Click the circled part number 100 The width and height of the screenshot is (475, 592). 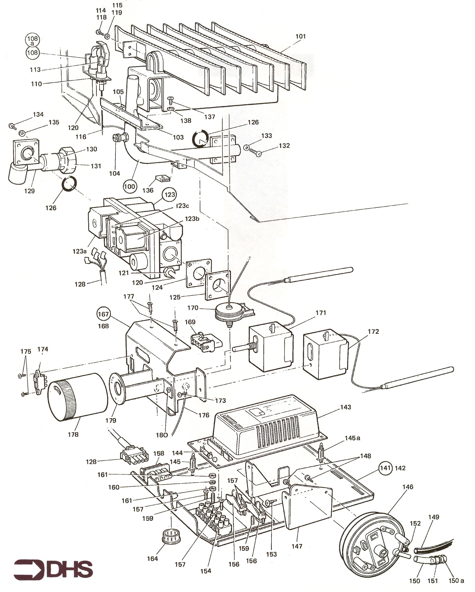pos(129,187)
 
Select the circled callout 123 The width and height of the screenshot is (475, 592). pos(170,194)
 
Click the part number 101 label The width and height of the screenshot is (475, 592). pos(300,36)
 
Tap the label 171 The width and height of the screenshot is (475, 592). pos(321,312)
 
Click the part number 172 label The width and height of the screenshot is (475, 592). pos(373,332)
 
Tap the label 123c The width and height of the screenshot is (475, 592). pos(183,206)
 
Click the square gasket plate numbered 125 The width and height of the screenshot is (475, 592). pos(217,286)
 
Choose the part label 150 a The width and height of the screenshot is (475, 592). pos(456,581)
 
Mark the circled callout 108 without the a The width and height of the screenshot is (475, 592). pos(33,52)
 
